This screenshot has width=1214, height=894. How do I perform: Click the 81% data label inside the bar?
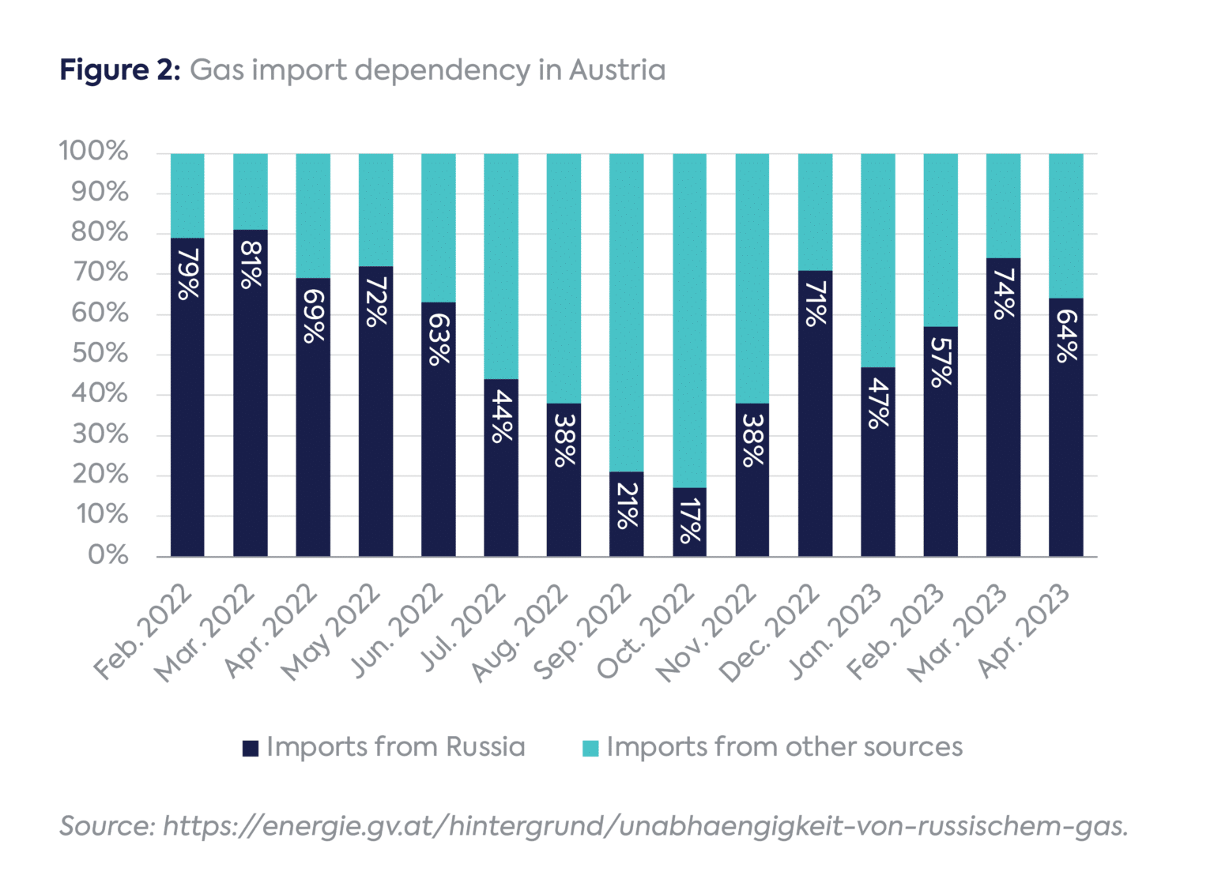(x=251, y=265)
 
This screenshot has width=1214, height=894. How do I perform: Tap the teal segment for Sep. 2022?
(x=626, y=312)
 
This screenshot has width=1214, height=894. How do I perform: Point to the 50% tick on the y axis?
(x=100, y=353)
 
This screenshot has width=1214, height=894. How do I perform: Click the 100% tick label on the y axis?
(x=93, y=151)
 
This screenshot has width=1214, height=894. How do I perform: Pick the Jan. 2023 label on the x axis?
(x=837, y=632)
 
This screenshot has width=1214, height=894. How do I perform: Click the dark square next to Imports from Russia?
(x=251, y=748)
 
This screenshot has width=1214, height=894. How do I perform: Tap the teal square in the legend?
(x=590, y=748)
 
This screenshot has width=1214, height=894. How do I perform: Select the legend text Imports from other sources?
(x=784, y=747)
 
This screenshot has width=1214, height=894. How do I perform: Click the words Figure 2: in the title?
(x=120, y=70)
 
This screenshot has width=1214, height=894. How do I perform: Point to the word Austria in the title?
(x=617, y=70)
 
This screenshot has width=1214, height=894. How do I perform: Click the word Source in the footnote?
(x=107, y=826)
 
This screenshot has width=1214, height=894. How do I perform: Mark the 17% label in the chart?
(x=689, y=521)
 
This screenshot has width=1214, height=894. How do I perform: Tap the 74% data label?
(x=1003, y=294)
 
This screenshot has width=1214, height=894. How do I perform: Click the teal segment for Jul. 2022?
(x=501, y=266)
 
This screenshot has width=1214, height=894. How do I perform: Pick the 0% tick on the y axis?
(x=108, y=555)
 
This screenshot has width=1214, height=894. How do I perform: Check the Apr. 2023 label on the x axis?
(x=1025, y=632)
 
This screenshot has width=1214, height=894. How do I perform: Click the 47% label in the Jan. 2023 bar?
(x=878, y=403)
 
